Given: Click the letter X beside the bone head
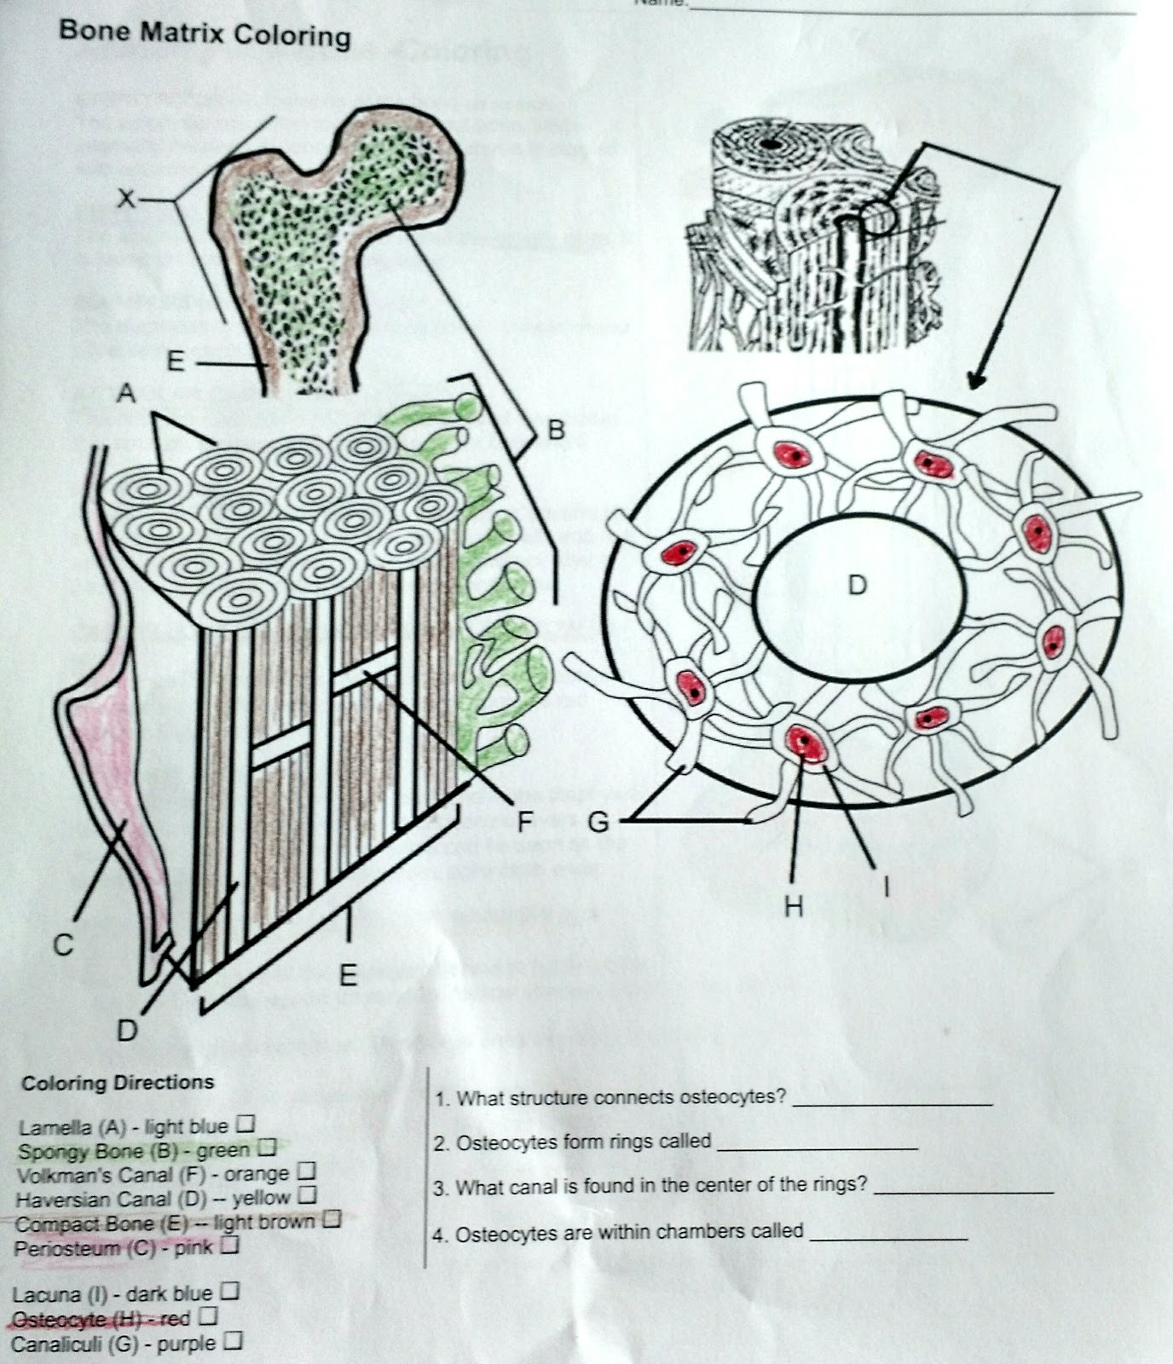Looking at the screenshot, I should click(126, 199).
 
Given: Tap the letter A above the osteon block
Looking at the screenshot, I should click(126, 394).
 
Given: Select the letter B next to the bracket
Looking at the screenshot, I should click(556, 431).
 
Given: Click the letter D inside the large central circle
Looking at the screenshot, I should click(857, 585).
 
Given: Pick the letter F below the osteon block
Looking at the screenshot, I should click(525, 822).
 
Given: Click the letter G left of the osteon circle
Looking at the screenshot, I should click(598, 823).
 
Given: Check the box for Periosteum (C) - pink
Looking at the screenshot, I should click(228, 1246).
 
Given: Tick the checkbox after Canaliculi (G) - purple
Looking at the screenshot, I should click(234, 1342).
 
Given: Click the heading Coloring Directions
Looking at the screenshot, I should click(118, 1083).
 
